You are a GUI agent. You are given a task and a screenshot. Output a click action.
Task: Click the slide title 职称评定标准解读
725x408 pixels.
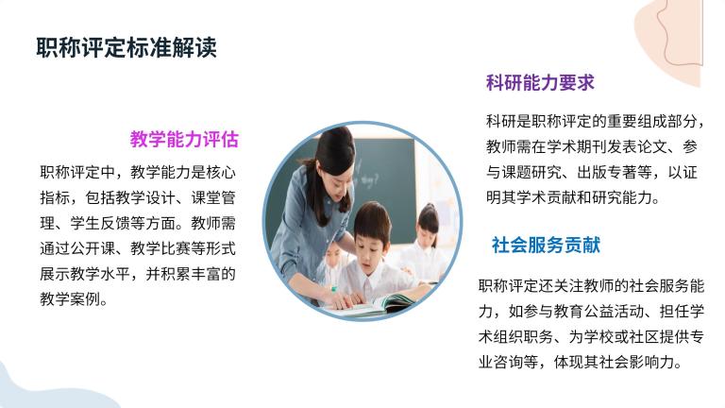click(126, 47)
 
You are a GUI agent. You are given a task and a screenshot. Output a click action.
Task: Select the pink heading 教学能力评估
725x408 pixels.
click(184, 139)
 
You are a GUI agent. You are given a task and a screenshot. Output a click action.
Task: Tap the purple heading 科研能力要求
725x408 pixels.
click(540, 83)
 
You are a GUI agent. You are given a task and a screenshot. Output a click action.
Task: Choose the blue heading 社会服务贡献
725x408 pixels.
click(546, 246)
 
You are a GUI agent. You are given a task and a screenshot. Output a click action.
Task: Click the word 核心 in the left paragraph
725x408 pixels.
click(221, 173)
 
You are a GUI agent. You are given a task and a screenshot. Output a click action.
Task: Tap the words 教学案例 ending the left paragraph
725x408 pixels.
click(70, 299)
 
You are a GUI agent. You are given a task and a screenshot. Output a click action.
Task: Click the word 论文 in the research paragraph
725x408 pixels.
click(652, 147)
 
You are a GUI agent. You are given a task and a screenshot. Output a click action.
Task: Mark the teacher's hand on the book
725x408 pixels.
click(345, 300)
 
